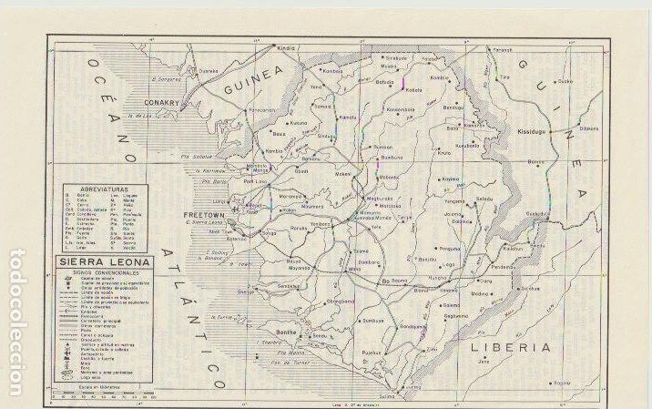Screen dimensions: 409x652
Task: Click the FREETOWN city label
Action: (x=197, y=215)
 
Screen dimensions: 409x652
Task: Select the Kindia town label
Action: (x=288, y=46)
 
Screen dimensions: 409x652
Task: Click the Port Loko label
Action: (x=259, y=179)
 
